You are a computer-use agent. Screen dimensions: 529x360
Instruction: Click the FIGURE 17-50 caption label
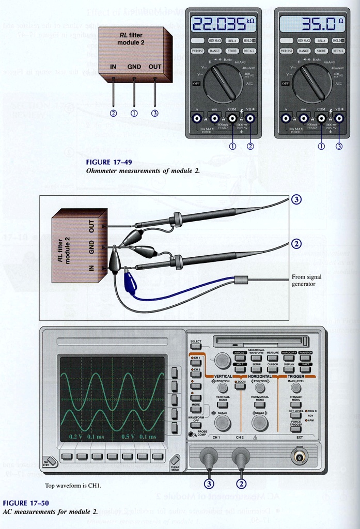[x=26, y=503]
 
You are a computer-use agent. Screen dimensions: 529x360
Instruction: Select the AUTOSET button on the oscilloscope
[x=240, y=357]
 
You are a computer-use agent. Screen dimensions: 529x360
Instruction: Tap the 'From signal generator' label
[x=306, y=280]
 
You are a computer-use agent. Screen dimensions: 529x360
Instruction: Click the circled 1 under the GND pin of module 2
[x=134, y=113]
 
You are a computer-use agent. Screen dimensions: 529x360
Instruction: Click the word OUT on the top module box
[x=155, y=67]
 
